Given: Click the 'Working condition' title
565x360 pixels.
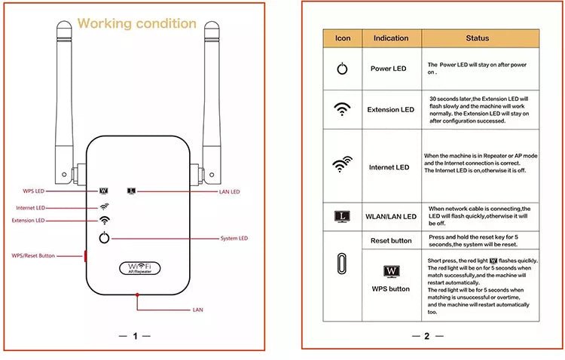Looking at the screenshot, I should coord(136,23).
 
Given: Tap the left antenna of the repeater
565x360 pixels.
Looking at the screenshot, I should coord(64,90).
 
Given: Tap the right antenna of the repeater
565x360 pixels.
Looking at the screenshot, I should coord(210,90).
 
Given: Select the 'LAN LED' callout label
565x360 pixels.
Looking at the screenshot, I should coord(229,192).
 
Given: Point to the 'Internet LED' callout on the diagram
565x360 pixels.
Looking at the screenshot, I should coord(30,207).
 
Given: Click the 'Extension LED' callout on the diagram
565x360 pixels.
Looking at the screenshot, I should coord(28,221).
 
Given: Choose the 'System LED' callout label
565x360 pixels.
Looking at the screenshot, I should coord(234,239).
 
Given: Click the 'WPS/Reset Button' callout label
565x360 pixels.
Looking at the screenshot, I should coord(33,256).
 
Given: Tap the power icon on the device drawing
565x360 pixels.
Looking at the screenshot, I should coord(104,239).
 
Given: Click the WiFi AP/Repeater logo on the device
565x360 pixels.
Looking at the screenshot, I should coord(136,267).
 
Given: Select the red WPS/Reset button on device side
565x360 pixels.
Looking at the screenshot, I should coord(85,257).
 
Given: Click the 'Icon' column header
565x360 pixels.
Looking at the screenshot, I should coord(342,38).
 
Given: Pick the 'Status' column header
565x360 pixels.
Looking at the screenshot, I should coord(477,38).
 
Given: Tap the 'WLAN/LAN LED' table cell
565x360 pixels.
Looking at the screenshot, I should coord(390,217).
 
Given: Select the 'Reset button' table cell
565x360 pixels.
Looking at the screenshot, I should coord(390,241).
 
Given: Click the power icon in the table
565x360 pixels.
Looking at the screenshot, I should coord(342,69).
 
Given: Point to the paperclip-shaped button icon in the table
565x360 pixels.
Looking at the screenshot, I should coord(342,267).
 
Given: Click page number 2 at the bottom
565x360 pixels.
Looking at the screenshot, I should coord(426,336).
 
